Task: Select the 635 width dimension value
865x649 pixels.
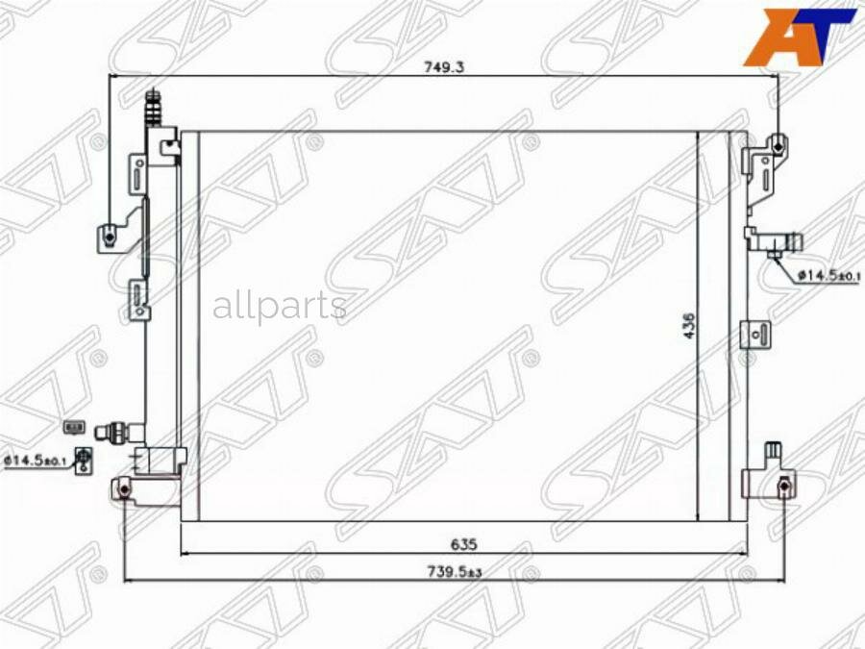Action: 464,544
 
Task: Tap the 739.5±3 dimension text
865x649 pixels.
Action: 456,572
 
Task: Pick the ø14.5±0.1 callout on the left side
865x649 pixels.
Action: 35,460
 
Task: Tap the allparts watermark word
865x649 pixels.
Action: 280,307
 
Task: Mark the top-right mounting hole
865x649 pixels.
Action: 778,148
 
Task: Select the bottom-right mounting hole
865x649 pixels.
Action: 783,486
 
